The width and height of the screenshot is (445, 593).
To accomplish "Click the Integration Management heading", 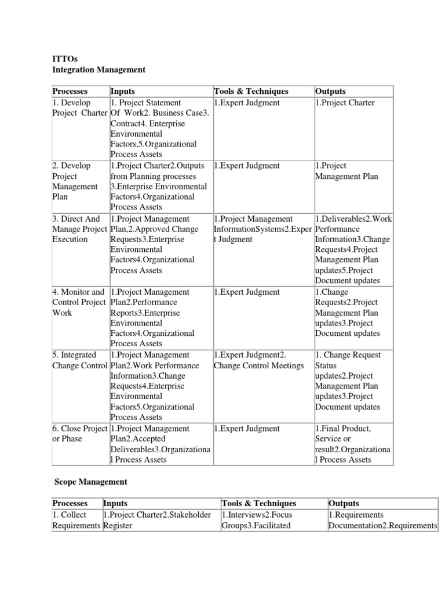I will pos(99,69).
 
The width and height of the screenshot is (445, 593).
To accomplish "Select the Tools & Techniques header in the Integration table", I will pos(251,91).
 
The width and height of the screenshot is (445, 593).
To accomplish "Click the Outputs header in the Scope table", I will pos(344,503).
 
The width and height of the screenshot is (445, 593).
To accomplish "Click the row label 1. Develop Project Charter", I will pos(80,108).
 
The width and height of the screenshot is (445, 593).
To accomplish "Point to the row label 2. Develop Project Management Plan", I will pos(75,181).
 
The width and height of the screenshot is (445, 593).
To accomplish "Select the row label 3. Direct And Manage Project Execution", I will pos(80,229).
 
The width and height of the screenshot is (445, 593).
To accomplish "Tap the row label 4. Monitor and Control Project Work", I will pos(79,302).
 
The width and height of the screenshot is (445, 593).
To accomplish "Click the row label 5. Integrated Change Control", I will pos(80,360).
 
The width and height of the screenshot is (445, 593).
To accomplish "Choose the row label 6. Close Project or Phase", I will pos(80,434).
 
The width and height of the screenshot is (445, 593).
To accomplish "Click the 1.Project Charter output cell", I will pos(345,103).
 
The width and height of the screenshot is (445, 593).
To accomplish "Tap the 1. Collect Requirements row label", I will pos(76,520).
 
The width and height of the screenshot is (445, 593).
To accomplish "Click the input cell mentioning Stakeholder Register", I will pos(157,520).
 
